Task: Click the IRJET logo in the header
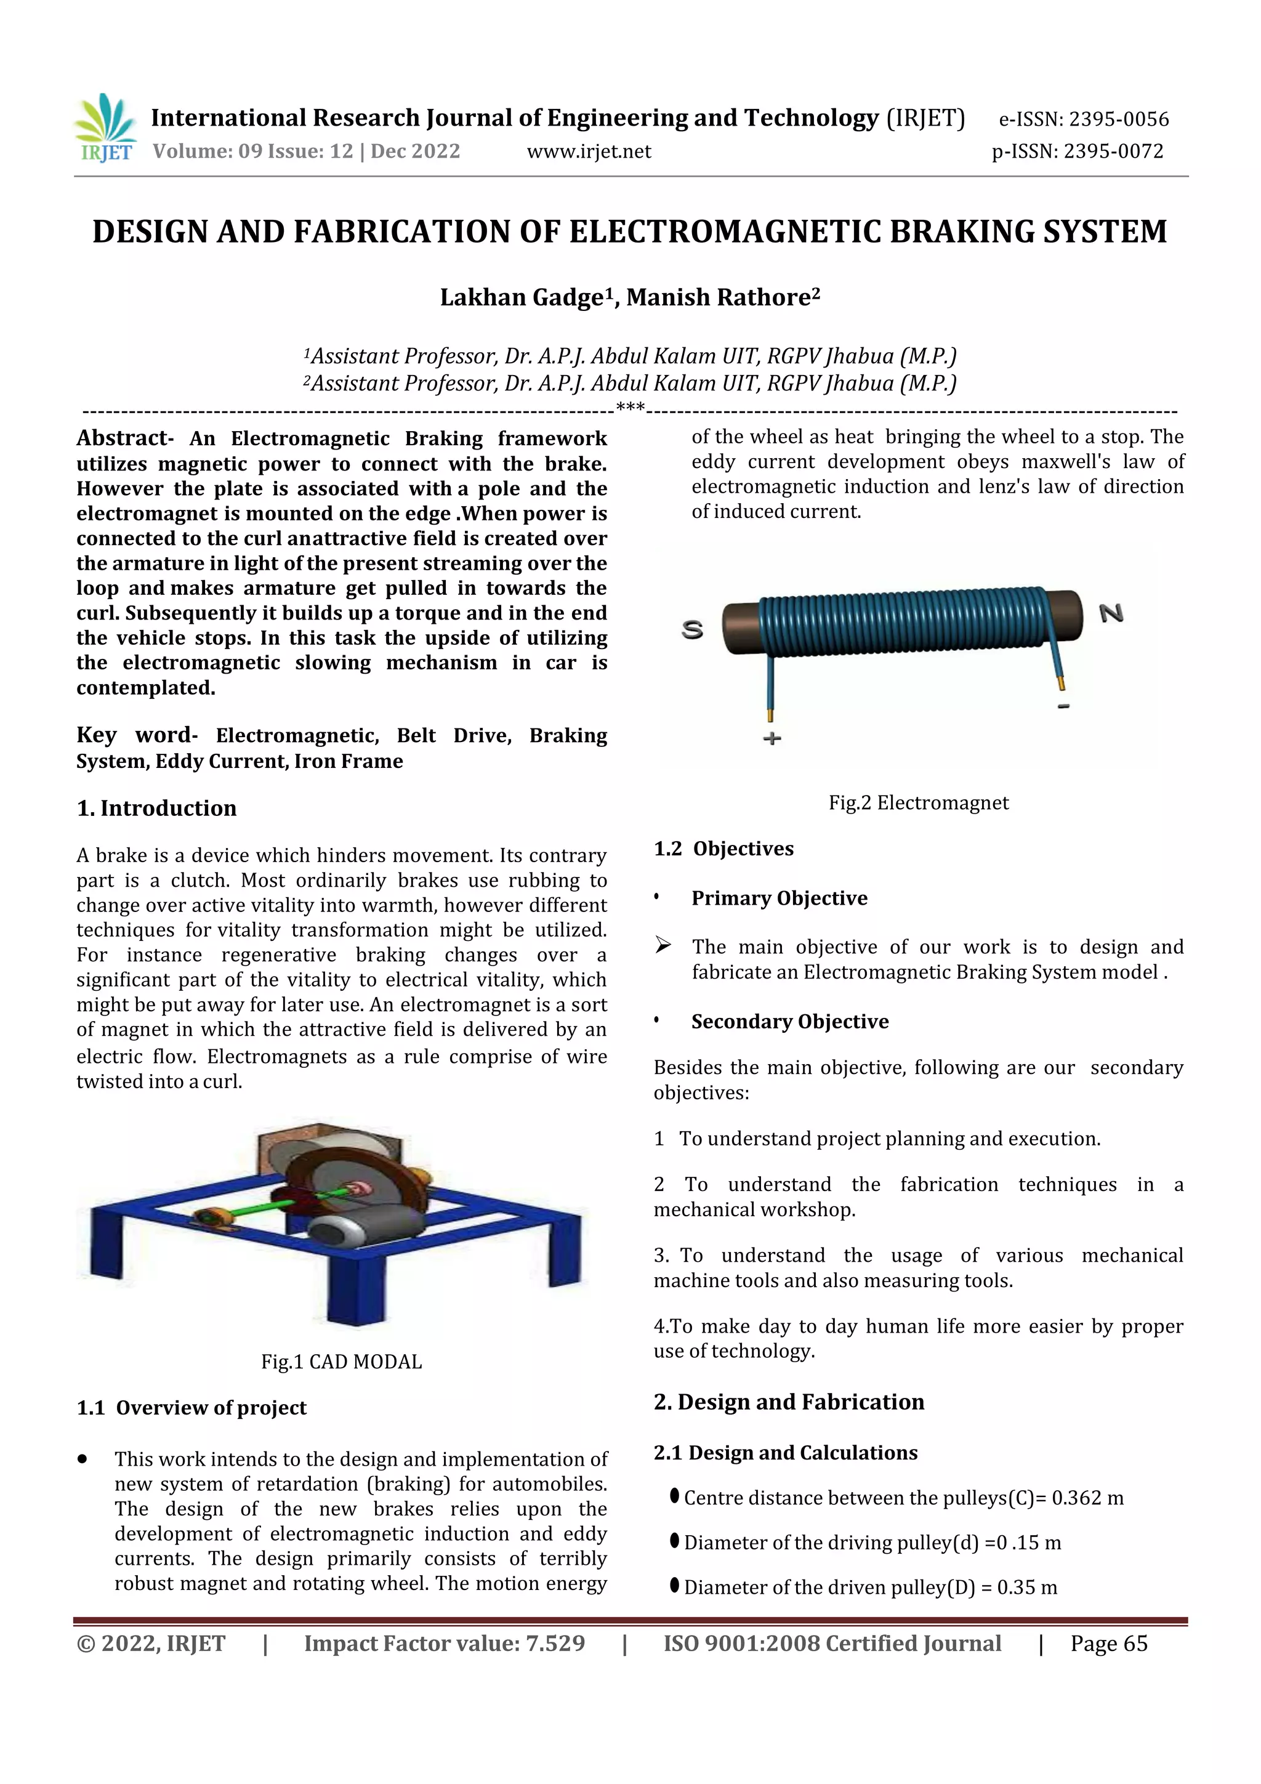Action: click(105, 128)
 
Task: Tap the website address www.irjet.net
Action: click(588, 151)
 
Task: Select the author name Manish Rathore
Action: click(723, 297)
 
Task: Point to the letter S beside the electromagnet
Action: click(692, 629)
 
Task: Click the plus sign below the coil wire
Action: click(772, 738)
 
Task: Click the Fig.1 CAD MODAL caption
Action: click(341, 1362)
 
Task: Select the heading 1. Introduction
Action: click(156, 808)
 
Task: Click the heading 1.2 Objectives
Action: click(723, 849)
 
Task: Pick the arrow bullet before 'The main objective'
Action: click(663, 946)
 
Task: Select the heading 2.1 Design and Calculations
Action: click(786, 1453)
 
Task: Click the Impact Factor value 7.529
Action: click(555, 1644)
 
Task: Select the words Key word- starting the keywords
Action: click(137, 735)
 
